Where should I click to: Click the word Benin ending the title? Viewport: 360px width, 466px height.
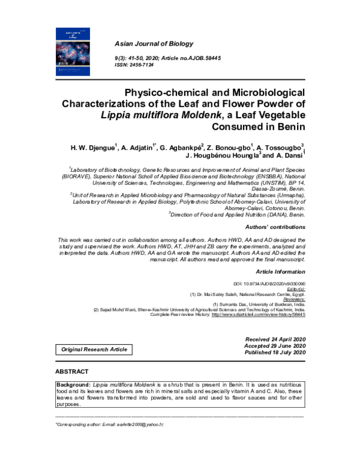(x=290, y=127)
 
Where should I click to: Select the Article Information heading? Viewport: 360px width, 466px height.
(x=281, y=272)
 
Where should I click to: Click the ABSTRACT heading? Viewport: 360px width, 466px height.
(x=72, y=372)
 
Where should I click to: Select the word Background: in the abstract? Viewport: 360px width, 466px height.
(x=73, y=383)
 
